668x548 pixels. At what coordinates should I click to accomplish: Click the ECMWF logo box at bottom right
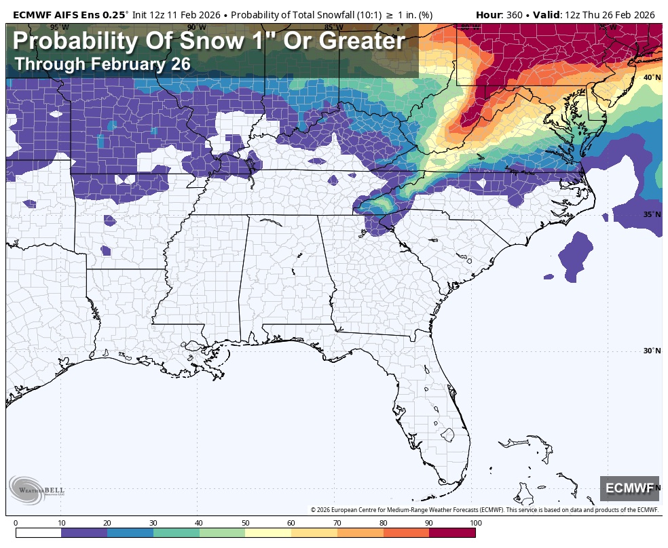(629, 488)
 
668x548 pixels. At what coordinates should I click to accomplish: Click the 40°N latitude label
(652, 77)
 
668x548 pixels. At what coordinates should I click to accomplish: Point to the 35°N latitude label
(652, 214)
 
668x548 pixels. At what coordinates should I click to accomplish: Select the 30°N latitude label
(652, 351)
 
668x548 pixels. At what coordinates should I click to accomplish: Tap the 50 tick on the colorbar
(245, 523)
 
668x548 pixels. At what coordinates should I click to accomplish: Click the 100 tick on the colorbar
(475, 523)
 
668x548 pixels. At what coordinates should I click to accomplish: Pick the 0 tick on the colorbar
(16, 523)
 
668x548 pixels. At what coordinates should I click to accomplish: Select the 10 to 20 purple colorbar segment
(84, 533)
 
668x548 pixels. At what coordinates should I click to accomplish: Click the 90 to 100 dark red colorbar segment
(452, 533)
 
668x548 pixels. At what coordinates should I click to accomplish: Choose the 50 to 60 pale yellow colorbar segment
(268, 533)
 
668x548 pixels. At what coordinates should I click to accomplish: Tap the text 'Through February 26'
(102, 64)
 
